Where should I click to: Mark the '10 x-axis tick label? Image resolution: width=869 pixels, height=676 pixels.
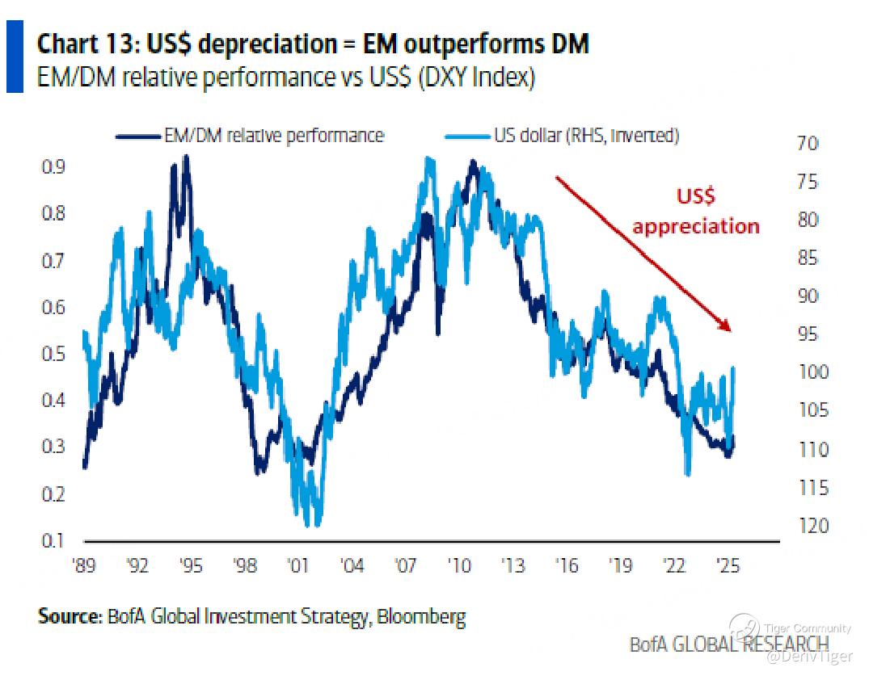[x=460, y=565]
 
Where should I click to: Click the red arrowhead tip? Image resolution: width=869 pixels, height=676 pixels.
[x=730, y=330]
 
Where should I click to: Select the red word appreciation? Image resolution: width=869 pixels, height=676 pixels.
[x=696, y=225]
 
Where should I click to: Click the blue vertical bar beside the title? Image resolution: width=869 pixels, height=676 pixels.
[x=15, y=57]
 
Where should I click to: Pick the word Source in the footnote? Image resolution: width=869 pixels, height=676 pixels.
[x=66, y=618]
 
